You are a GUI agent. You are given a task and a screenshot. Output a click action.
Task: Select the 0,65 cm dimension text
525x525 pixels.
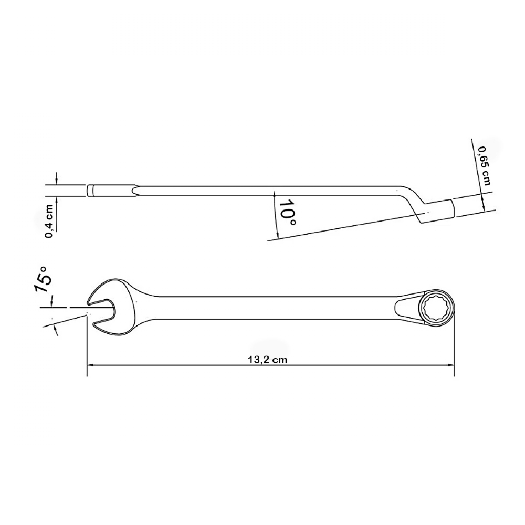pos(484,166)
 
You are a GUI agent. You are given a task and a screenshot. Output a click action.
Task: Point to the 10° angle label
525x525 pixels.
pos(287,213)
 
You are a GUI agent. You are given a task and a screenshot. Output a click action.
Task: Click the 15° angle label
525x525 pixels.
pos(43,280)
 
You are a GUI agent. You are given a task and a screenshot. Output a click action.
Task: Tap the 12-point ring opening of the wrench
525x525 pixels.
pos(437,307)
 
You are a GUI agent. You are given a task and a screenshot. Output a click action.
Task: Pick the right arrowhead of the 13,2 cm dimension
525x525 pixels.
pos(451,364)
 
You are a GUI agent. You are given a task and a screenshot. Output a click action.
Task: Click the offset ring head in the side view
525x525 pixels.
pos(436,211)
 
